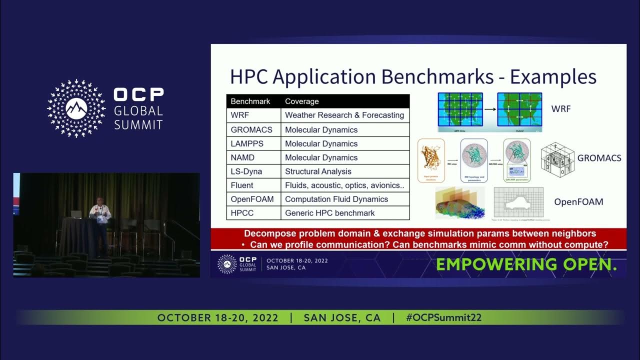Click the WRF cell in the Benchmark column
239,115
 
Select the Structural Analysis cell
318,171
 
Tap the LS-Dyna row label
246,171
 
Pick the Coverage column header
301,101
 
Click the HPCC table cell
242,213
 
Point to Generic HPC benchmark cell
329,213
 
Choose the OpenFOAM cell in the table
252,199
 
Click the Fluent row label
242,185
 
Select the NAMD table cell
242,157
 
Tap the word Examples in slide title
553,77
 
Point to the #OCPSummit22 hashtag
443,317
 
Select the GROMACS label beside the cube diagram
599,158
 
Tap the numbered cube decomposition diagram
557,159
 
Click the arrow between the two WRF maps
490,108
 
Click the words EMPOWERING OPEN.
526,264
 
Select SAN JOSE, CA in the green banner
342,317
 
